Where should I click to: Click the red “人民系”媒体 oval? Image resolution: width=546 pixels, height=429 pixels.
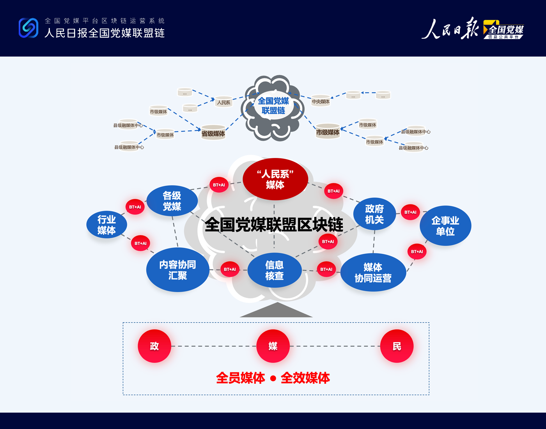pyautogui.click(x=275, y=179)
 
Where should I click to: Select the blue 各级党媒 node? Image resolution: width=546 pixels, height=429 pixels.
pyautogui.click(x=172, y=201)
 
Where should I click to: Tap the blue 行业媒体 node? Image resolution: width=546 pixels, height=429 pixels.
pyautogui.click(x=106, y=225)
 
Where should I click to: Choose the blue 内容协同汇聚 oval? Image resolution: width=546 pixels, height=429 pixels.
pyautogui.click(x=177, y=270)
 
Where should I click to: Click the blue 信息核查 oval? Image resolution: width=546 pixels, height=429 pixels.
pyautogui.click(x=274, y=270)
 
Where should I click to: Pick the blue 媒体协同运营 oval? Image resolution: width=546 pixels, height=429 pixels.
pyautogui.click(x=373, y=273)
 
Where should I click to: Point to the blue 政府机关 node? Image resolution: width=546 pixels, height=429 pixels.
pyautogui.click(x=374, y=214)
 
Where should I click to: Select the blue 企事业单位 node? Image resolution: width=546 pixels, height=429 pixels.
pyautogui.click(x=445, y=226)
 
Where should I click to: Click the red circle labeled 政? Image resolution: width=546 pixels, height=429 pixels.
pyautogui.click(x=154, y=346)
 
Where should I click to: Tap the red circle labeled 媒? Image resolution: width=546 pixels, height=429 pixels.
pyautogui.click(x=273, y=346)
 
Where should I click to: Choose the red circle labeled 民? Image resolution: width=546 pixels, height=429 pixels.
pyautogui.click(x=397, y=346)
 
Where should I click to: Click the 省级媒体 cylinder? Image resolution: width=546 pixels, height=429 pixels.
pyautogui.click(x=213, y=133)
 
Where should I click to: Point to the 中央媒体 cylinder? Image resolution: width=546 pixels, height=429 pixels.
pyautogui.click(x=321, y=101)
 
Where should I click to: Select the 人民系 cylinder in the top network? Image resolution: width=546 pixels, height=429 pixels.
pyautogui.click(x=223, y=102)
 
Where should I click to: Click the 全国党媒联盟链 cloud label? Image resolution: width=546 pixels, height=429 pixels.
pyautogui.click(x=273, y=106)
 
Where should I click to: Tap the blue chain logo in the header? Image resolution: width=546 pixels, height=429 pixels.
pyautogui.click(x=28, y=28)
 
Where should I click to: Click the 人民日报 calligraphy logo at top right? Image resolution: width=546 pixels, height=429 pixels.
pyautogui.click(x=450, y=29)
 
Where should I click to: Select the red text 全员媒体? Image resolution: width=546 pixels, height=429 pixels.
pyautogui.click(x=241, y=378)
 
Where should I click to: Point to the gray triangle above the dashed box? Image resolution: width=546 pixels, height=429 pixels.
pyautogui.click(x=276, y=311)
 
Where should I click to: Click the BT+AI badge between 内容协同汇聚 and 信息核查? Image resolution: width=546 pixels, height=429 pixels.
pyautogui.click(x=230, y=269)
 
